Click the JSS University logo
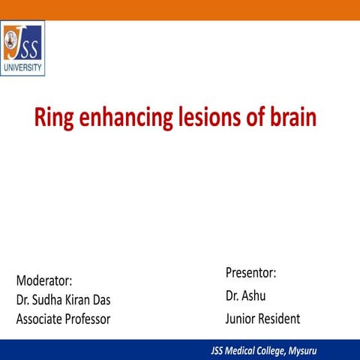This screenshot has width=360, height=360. click(x=22, y=48)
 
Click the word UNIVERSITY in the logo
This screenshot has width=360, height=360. click(x=22, y=67)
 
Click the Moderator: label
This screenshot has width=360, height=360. click(x=44, y=280)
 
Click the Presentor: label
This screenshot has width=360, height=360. click(x=250, y=272)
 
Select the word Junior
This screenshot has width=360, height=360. click(x=241, y=319)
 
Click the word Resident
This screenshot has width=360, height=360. click(x=280, y=319)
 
